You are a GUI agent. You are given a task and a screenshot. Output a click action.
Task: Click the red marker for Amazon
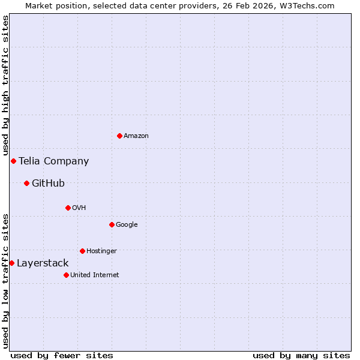119,136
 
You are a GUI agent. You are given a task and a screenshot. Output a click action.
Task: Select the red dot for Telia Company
13,161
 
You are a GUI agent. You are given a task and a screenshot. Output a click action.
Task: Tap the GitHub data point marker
26,183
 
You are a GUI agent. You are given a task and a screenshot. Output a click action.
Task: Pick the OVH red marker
68,208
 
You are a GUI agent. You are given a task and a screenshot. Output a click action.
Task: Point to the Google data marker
112,224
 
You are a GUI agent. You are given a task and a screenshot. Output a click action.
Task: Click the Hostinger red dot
82,251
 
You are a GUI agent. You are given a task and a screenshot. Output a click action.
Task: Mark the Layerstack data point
11,263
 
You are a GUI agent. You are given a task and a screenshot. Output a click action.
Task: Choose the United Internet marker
66,275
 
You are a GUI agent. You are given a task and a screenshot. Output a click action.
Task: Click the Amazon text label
136,136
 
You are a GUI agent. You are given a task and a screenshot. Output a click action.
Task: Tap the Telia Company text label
53,161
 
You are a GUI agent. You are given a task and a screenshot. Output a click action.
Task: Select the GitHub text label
48,183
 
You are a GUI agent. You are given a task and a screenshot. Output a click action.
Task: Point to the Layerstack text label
43,263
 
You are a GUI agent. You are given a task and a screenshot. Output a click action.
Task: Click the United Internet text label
94,275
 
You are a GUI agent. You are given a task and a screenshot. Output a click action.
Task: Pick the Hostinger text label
101,251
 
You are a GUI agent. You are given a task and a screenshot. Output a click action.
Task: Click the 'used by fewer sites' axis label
62,355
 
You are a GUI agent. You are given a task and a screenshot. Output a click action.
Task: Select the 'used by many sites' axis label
301,355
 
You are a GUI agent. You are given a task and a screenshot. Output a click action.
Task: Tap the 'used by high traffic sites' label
5,85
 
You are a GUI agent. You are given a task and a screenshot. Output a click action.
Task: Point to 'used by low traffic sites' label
5,281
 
